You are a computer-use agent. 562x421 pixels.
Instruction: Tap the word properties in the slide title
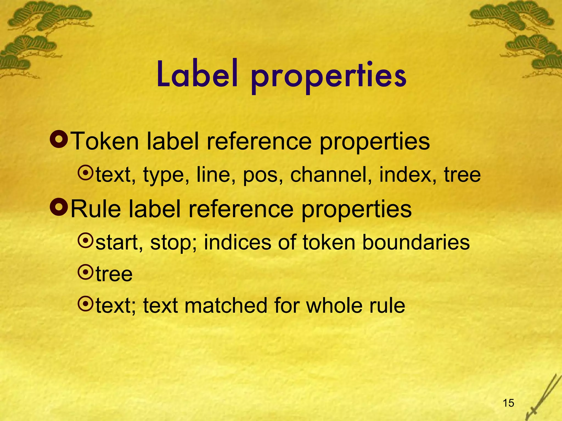coord(328,77)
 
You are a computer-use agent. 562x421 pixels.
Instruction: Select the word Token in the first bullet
coord(105,141)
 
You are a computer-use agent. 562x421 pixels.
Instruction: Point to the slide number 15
coord(508,403)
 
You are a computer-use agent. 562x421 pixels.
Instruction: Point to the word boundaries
coord(416,242)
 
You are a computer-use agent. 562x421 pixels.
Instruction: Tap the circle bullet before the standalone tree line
coord(86,272)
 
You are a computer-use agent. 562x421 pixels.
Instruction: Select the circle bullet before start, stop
coord(86,241)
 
